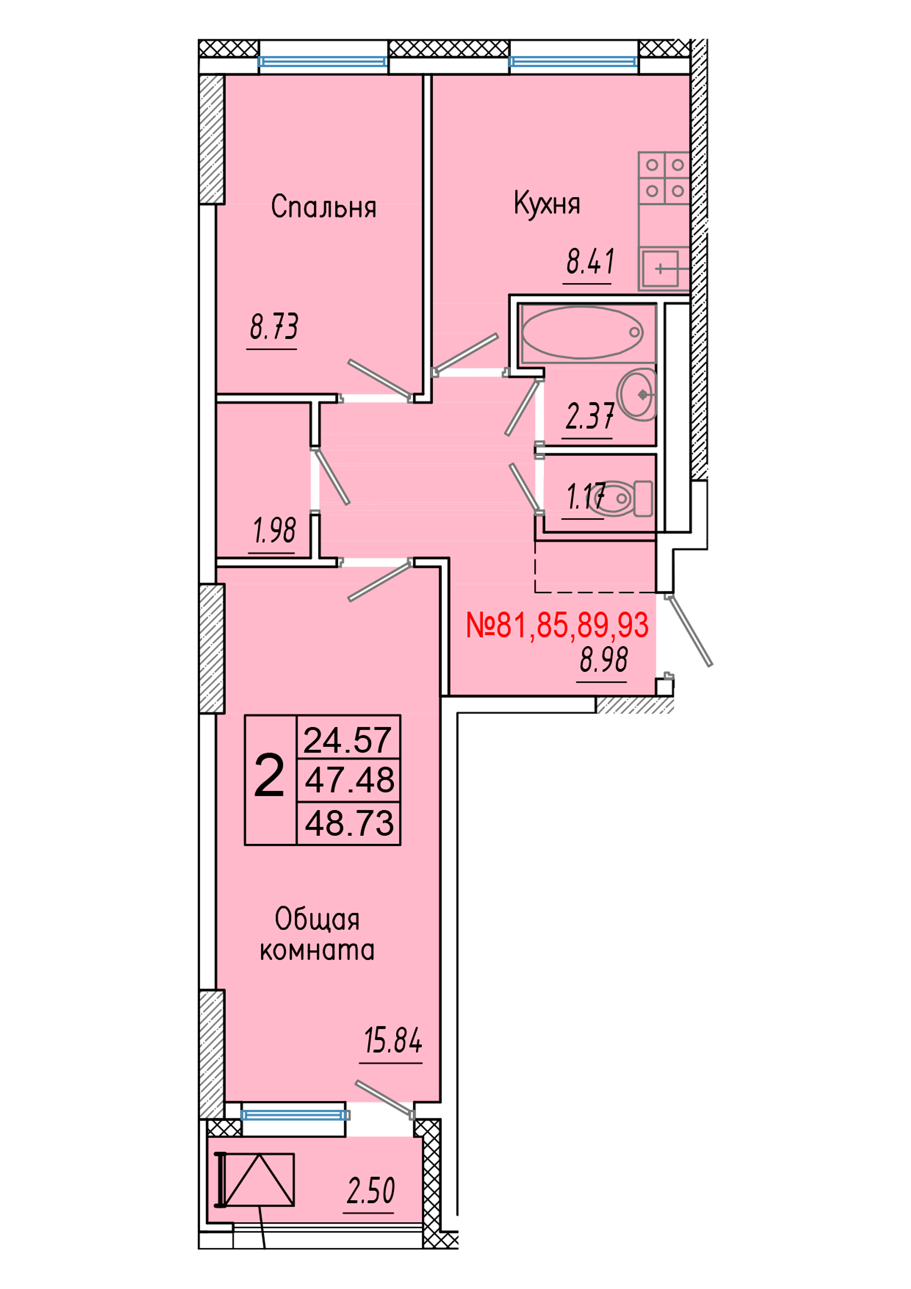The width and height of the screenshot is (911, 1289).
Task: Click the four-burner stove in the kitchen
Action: click(664, 178)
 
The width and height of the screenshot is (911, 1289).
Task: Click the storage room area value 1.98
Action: click(274, 531)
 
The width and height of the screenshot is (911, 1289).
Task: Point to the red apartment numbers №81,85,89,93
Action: click(557, 625)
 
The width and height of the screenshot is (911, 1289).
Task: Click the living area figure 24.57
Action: click(348, 740)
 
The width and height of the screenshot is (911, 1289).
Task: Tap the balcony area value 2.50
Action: click(371, 1191)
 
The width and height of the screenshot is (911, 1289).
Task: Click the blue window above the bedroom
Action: click(323, 61)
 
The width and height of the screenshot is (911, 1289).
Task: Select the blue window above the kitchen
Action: click(573, 61)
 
